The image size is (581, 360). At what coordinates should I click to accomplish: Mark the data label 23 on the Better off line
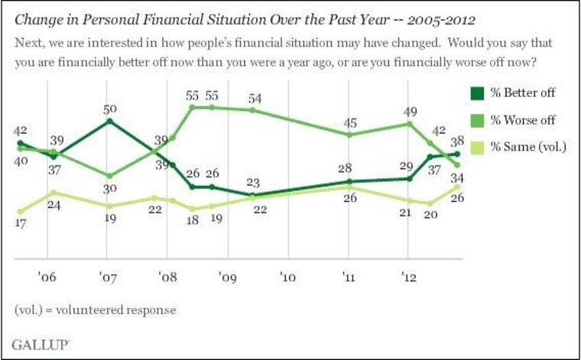pyautogui.click(x=252, y=183)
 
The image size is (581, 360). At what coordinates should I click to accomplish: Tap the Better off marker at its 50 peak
pyautogui.click(x=110, y=121)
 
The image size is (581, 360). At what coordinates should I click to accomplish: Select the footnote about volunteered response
pyautogui.click(x=96, y=310)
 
